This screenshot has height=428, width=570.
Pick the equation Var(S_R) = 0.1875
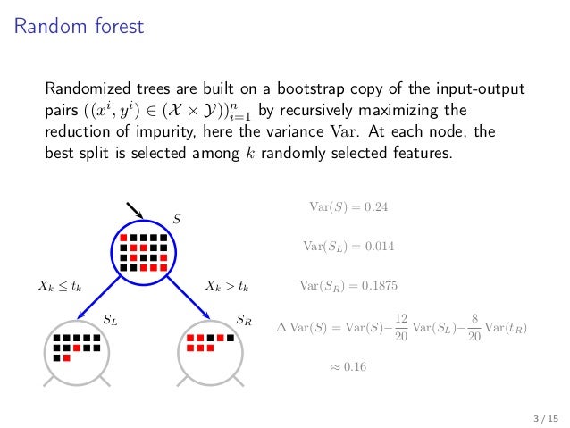click(x=348, y=287)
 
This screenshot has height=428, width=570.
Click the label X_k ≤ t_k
click(x=60, y=287)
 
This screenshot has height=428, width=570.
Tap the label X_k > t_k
click(x=227, y=287)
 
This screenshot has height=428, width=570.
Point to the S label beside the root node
click(x=176, y=218)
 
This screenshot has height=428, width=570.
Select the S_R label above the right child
click(x=243, y=318)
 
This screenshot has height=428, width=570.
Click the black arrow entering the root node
click(x=134, y=212)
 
